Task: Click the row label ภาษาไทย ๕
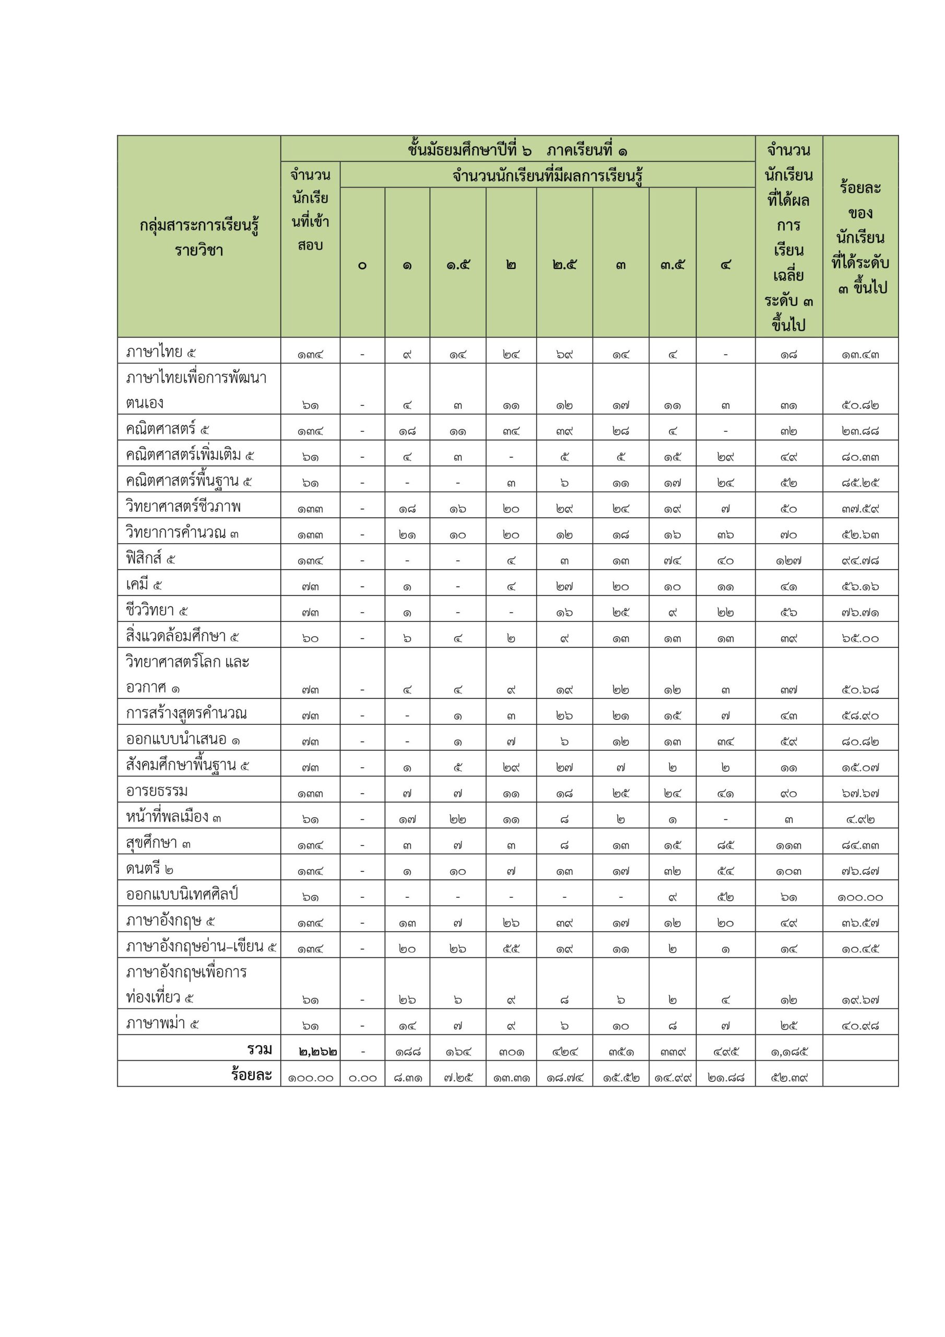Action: tap(161, 353)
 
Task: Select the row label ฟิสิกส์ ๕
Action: tap(150, 559)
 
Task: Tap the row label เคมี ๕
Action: tap(144, 584)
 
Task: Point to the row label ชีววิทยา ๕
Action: tap(157, 611)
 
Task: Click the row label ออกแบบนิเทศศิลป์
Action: tap(182, 895)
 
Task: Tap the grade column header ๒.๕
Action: tap(564, 265)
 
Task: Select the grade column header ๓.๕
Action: tap(672, 265)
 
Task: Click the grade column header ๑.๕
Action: tap(458, 265)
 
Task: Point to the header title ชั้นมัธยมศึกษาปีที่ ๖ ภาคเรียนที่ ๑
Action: tap(517, 150)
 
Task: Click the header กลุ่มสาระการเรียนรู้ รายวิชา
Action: tap(199, 238)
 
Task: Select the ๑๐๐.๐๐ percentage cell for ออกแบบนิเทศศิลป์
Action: tap(860, 897)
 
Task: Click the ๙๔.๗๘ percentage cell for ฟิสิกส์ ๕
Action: tap(860, 561)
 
